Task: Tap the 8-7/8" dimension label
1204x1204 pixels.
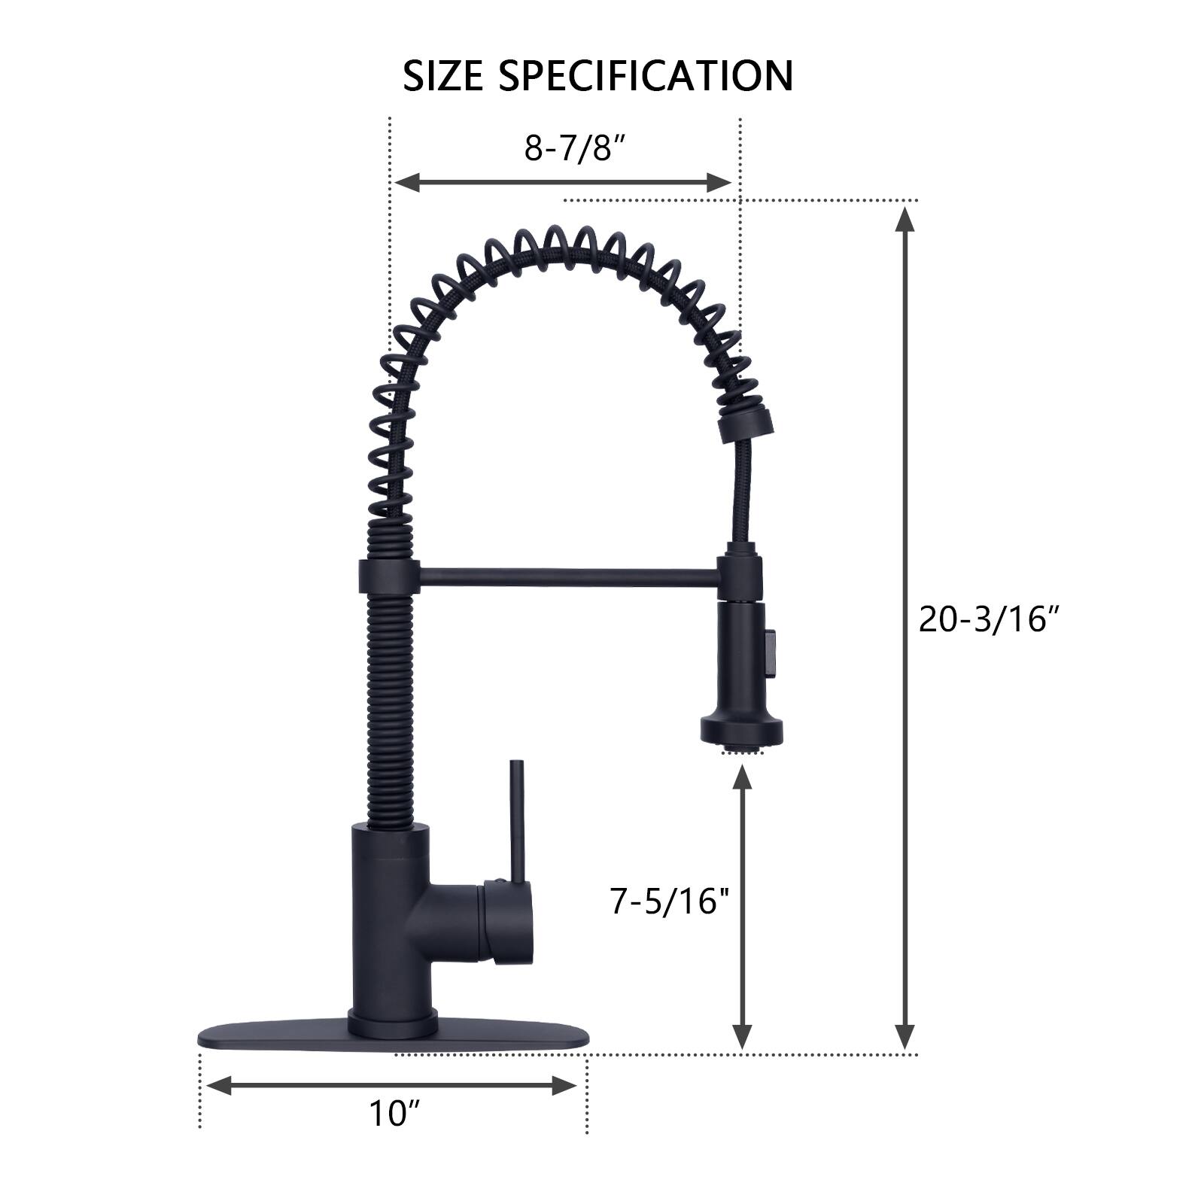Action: point(576,148)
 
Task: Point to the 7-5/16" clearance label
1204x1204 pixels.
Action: point(670,901)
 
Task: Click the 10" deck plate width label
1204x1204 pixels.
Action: point(393,1114)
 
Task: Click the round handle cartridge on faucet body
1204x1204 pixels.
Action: point(508,922)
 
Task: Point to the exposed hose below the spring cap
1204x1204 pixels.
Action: point(739,489)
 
